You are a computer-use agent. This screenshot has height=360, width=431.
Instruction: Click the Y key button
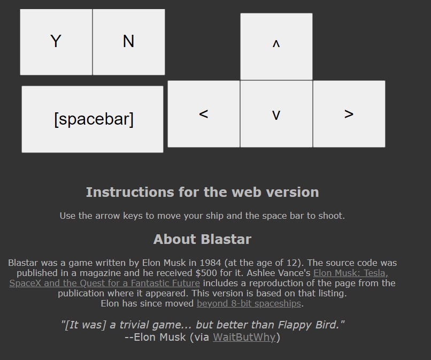coord(56,42)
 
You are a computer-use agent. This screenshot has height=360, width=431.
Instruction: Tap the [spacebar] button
coord(93,119)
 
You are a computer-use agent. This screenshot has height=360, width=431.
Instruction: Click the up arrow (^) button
coord(276,47)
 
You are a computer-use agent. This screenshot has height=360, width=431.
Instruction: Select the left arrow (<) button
coord(204,114)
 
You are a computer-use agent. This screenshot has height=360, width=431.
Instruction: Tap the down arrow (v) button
coord(276,114)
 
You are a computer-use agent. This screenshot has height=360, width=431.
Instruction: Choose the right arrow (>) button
coord(349,114)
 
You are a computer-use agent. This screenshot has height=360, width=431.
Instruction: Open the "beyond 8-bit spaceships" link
coord(249,304)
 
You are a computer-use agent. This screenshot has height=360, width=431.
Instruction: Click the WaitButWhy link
coord(244,337)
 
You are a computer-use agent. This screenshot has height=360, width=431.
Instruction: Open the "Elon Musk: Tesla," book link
coord(351,273)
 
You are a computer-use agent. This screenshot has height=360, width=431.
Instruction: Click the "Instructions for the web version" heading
coord(202,192)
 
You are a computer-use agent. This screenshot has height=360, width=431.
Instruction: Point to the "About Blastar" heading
coord(202,239)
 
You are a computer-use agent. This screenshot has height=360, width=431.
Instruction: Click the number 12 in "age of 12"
coord(291,263)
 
